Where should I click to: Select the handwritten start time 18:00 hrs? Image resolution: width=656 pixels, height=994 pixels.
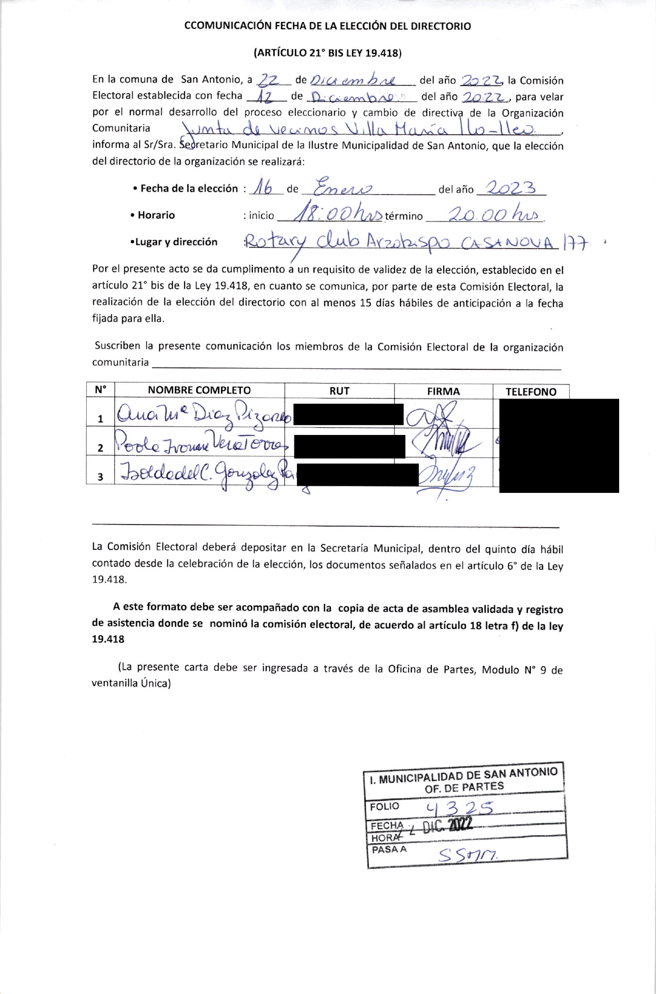[x=336, y=213]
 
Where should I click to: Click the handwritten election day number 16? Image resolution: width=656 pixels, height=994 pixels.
[x=264, y=188]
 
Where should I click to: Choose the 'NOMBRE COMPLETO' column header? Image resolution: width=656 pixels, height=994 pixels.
[x=199, y=390]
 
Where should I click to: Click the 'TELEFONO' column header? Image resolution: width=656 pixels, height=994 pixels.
[x=530, y=392]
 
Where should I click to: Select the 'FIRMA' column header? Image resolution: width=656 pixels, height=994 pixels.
[x=443, y=391]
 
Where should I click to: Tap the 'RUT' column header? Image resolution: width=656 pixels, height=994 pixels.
[x=339, y=391]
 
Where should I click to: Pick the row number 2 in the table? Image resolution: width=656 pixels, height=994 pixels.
[x=101, y=447]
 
